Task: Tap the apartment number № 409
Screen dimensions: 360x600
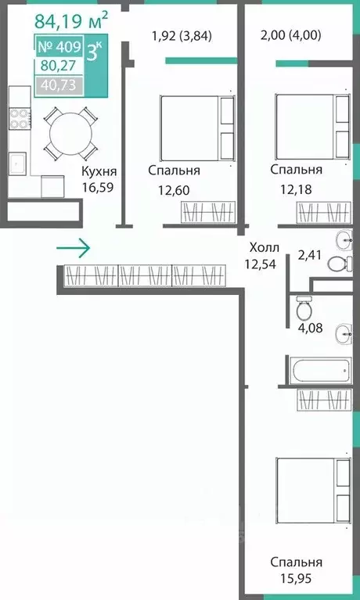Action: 59,47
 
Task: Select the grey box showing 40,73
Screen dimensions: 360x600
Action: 59,85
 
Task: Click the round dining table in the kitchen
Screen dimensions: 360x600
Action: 70,134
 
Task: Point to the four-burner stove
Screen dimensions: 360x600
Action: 20,119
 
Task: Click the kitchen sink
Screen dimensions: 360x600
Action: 17,163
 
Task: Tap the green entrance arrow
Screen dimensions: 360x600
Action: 73,248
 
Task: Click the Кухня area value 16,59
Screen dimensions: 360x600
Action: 99,187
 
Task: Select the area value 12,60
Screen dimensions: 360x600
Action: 174,190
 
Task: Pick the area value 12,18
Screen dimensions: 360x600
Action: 296,189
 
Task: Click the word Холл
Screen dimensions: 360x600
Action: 264,248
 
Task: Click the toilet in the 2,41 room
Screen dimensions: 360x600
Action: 340,264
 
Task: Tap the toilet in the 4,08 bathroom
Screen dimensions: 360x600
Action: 304,309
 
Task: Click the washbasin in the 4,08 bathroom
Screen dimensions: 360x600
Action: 344,334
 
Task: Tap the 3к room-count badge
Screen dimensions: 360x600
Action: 95,51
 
